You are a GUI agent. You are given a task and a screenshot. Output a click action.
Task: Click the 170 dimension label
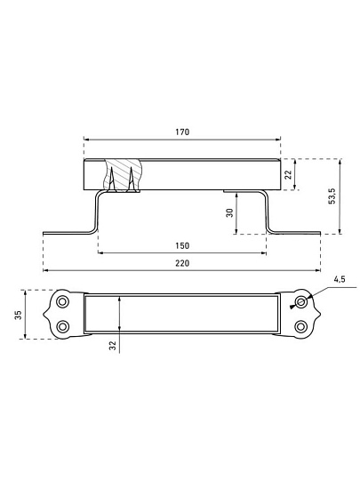point(182,132)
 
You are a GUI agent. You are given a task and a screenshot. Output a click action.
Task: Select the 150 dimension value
point(182,246)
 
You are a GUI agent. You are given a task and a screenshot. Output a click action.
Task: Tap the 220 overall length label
point(182,263)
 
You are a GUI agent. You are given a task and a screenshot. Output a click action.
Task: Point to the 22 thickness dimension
point(288,174)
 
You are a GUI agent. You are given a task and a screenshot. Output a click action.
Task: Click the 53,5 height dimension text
point(332,196)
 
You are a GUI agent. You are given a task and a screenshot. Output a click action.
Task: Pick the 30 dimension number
point(230,212)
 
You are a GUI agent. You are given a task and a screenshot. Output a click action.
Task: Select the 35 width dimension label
point(18,315)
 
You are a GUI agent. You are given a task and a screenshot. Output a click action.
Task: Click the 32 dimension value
point(113,346)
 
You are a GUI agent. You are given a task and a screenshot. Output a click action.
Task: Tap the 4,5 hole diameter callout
point(340,279)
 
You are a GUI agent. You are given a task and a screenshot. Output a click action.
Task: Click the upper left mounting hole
point(63,302)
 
